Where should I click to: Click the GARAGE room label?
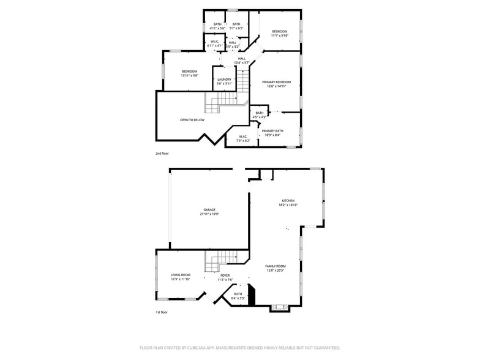(x=210, y=209)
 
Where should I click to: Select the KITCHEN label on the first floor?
(x=288, y=201)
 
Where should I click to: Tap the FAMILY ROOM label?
(x=276, y=266)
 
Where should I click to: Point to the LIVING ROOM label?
(x=181, y=275)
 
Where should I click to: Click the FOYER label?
(x=225, y=276)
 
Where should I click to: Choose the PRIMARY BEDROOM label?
(x=277, y=82)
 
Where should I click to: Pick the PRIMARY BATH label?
(x=272, y=131)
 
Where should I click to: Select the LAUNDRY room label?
(x=224, y=80)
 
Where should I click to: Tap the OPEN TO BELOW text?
(x=192, y=119)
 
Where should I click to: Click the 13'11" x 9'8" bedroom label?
(x=189, y=72)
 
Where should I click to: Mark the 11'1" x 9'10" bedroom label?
(x=280, y=31)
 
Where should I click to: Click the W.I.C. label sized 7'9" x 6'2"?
(x=243, y=137)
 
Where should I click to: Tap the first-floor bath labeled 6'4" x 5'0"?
(x=238, y=294)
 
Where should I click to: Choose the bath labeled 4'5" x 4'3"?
(x=260, y=113)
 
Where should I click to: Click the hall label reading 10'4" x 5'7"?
(x=242, y=59)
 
